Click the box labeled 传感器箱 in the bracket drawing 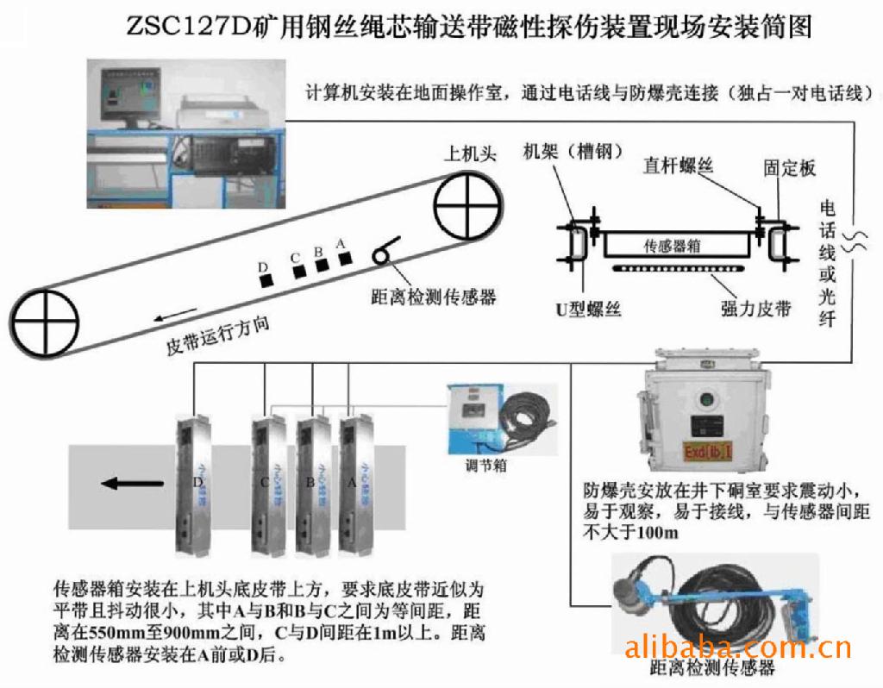(x=673, y=245)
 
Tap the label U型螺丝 (x=589, y=308)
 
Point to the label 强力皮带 (x=755, y=308)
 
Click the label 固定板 (x=790, y=167)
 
